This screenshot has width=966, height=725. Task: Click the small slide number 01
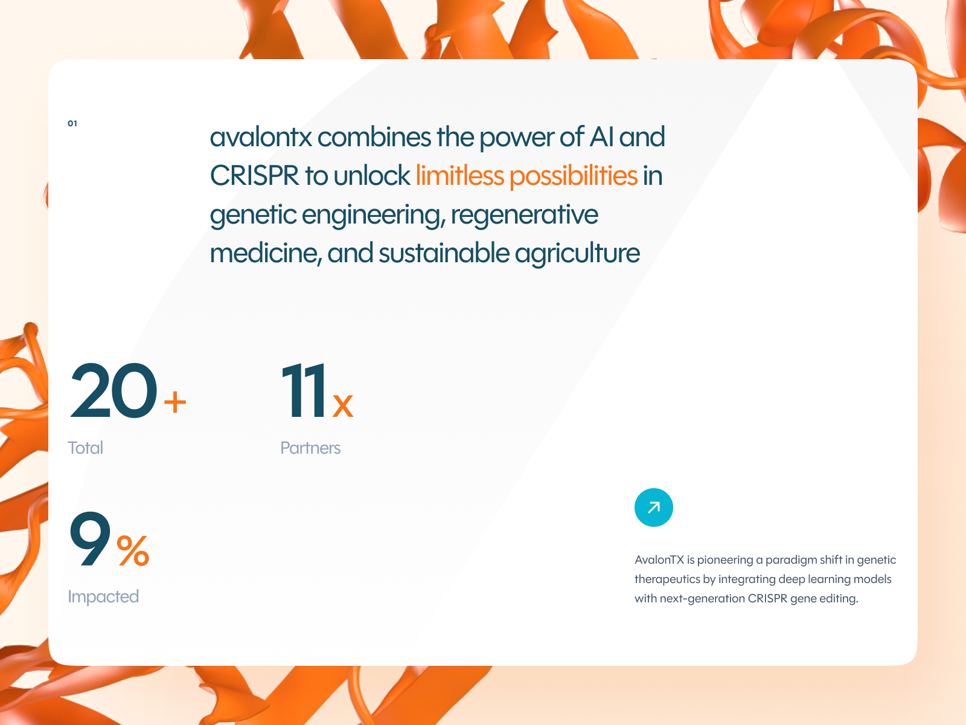[72, 123]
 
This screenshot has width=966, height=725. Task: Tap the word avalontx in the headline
[261, 137]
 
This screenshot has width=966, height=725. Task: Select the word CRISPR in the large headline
[254, 176]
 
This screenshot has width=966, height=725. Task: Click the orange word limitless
[460, 176]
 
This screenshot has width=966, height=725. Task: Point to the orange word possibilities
[573, 176]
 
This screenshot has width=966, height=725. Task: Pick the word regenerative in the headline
[524, 214]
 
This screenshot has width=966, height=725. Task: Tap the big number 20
[114, 391]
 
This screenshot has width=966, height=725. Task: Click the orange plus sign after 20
[175, 402]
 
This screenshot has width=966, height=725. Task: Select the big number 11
[304, 391]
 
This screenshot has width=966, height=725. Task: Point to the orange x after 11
[342, 405]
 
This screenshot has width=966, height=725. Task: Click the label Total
[85, 448]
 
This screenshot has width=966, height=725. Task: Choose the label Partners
[310, 448]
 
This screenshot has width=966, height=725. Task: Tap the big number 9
[90, 539]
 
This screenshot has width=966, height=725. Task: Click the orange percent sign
[133, 550]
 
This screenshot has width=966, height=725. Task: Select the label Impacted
[103, 596]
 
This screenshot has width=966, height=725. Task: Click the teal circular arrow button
[653, 507]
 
